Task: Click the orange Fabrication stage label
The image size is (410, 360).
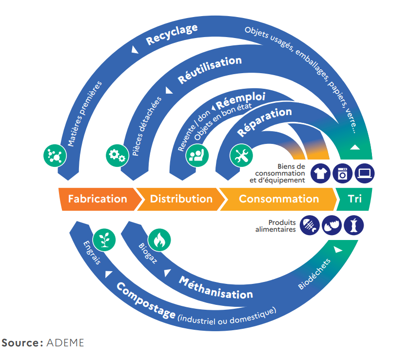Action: coord(97,199)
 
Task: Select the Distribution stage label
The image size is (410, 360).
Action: coord(181,199)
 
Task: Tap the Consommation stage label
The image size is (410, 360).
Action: coord(278,199)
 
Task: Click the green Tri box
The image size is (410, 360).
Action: coord(355,199)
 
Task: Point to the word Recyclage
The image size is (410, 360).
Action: coord(172,35)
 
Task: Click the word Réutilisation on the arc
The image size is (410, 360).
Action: coord(210,69)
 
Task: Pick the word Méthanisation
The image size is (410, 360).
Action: coord(215,288)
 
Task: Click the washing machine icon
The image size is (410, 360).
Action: coord(342,173)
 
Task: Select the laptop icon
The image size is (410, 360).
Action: coord(365,173)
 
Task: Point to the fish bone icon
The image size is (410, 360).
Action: coord(310,225)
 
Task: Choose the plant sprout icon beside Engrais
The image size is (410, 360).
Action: coord(104,239)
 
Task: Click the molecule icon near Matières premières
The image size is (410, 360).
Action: coord(55,156)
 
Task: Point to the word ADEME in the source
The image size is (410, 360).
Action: coord(65,342)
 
